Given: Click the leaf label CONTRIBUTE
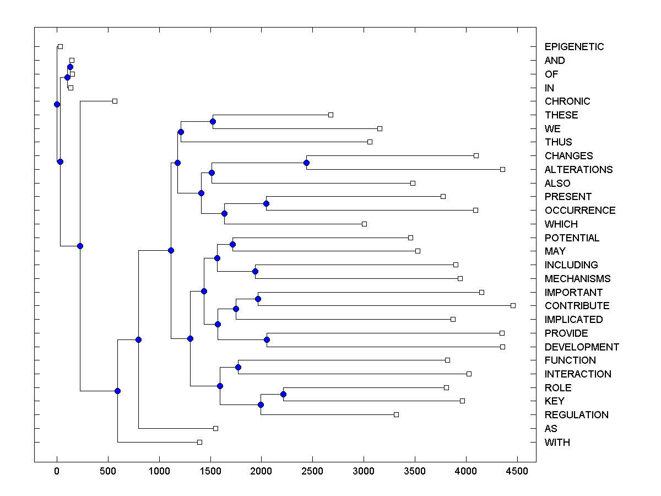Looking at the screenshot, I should pyautogui.click(x=577, y=306).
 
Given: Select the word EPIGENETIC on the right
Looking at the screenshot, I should pyautogui.click(x=574, y=47).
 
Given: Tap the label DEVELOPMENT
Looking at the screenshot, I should pyautogui.click(x=582, y=347).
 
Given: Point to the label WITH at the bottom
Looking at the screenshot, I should pyautogui.click(x=557, y=443).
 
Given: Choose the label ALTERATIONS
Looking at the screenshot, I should pyautogui.click(x=578, y=170).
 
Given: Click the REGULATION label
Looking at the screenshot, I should pyautogui.click(x=576, y=415).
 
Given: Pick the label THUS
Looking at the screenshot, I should pyautogui.click(x=558, y=142).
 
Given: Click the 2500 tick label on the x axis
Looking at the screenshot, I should pyautogui.click(x=312, y=471).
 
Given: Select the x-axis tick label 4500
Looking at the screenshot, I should pyautogui.click(x=517, y=471).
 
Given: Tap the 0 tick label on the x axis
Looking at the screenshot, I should pyautogui.click(x=57, y=471).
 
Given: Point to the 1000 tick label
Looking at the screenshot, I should pyautogui.click(x=159, y=471).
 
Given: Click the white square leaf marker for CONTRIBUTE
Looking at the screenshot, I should pyautogui.click(x=513, y=305).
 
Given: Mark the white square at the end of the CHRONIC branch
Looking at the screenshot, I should pyautogui.click(x=115, y=101).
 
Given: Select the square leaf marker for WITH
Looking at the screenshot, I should pyautogui.click(x=199, y=442).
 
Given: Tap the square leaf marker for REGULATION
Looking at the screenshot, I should pyautogui.click(x=396, y=414).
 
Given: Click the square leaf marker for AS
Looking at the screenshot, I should pyautogui.click(x=215, y=428).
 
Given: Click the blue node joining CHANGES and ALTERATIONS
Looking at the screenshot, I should pyautogui.click(x=306, y=163).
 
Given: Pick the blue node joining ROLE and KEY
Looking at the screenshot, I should pyautogui.click(x=283, y=394).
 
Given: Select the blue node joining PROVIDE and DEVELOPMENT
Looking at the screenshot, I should pyautogui.click(x=267, y=339).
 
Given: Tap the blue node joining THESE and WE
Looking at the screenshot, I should pyautogui.click(x=213, y=121).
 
